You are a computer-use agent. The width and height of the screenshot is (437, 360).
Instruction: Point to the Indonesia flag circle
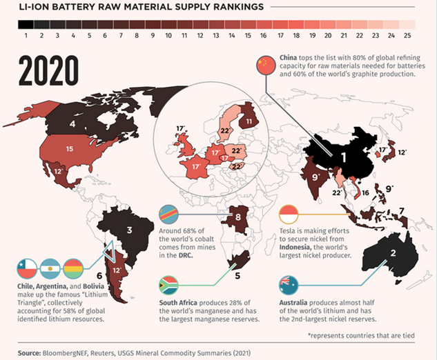tap(288, 214)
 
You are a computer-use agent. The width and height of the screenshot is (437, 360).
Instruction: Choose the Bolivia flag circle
tap(74, 266)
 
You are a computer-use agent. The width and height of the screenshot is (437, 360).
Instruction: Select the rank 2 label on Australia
tap(392, 252)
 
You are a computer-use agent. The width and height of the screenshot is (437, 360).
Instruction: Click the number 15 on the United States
tap(69, 149)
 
